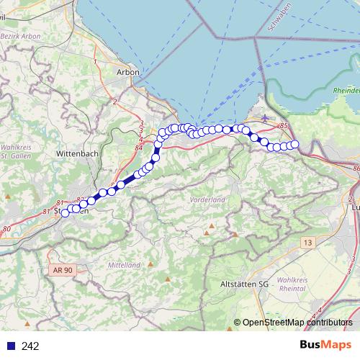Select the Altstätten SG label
click(243, 285)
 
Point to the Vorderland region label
click(207, 199)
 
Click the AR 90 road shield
click(63, 269)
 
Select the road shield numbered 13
click(308, 244)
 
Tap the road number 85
click(284, 126)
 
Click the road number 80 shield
click(6, 230)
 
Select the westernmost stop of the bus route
click(65, 212)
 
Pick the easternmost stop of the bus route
click(294, 144)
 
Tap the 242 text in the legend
click(30, 346)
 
